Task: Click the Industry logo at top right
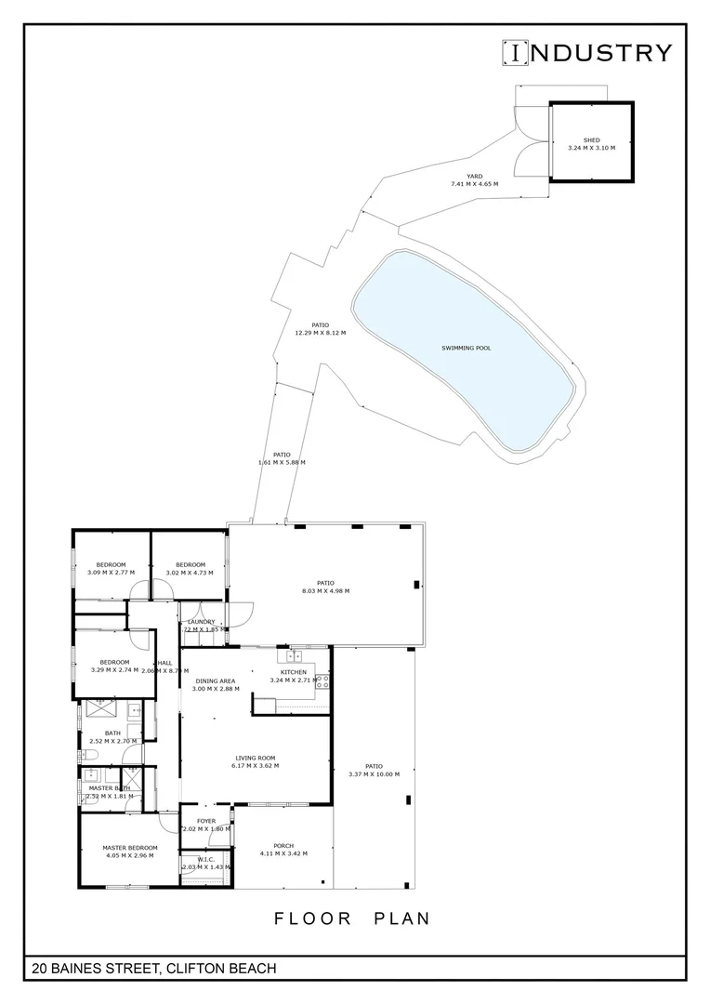(586, 53)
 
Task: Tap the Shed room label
(591, 140)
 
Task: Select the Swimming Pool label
(467, 348)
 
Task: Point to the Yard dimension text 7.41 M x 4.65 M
(474, 184)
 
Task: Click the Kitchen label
(294, 672)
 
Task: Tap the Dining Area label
(215, 680)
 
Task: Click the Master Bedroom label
(130, 848)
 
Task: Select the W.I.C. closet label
(206, 859)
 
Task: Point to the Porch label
(283, 846)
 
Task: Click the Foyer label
(205, 821)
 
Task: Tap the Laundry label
(202, 622)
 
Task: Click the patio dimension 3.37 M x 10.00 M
(374, 774)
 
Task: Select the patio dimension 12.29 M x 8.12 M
(320, 333)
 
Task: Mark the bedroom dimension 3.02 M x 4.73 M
(191, 573)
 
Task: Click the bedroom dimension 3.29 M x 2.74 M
(114, 669)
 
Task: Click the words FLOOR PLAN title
(352, 918)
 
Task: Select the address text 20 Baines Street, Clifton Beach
(153, 969)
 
